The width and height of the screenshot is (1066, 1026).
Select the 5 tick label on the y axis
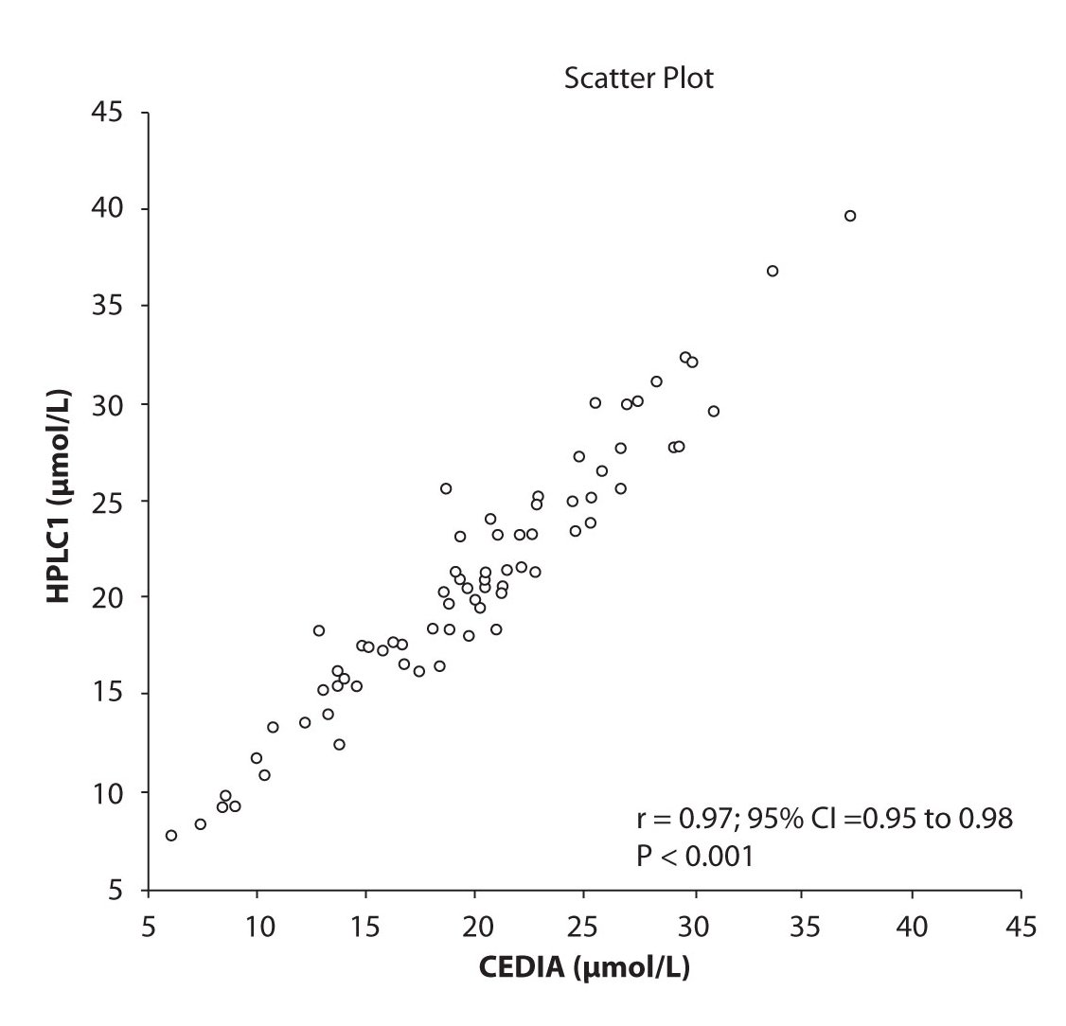pyautogui.click(x=119, y=889)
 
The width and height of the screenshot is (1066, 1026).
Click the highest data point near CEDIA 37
pyautogui.click(x=850, y=216)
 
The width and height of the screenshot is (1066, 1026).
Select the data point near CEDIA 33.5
pyautogui.click(x=773, y=271)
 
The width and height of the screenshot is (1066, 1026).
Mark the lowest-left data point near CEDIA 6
pyautogui.click(x=171, y=835)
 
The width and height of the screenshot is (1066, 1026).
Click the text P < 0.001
pyautogui.click(x=694, y=858)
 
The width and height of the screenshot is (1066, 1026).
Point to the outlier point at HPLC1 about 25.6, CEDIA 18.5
pyautogui.click(x=446, y=488)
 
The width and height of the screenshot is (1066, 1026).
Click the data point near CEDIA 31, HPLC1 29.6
pyautogui.click(x=714, y=411)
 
